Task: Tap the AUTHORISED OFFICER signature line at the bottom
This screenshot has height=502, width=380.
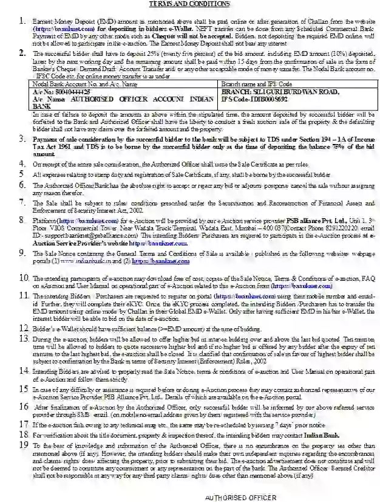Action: (x=232, y=497)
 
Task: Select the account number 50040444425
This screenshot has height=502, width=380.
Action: (x=65, y=90)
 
